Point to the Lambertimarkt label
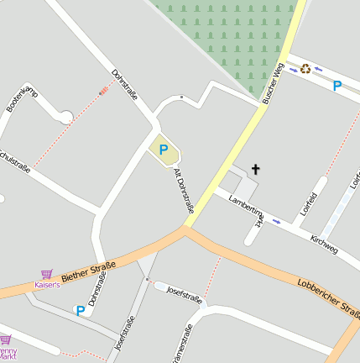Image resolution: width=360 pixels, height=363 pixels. point(247,211)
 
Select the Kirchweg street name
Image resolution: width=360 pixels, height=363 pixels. point(324,244)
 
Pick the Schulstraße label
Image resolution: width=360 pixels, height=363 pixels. point(14,161)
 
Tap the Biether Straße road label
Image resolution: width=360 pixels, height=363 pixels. point(88,271)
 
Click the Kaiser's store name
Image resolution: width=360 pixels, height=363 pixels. point(47,285)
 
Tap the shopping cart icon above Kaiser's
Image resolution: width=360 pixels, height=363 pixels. point(47,274)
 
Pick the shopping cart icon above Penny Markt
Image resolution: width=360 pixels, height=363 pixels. point(4,339)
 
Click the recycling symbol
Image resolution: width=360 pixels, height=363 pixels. point(306,69)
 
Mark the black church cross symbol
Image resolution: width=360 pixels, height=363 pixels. point(256,170)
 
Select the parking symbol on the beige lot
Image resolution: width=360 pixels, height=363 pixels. point(164,150)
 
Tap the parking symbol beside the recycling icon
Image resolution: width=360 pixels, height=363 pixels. point(337,85)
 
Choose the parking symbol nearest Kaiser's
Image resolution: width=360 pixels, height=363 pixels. point(81,310)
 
